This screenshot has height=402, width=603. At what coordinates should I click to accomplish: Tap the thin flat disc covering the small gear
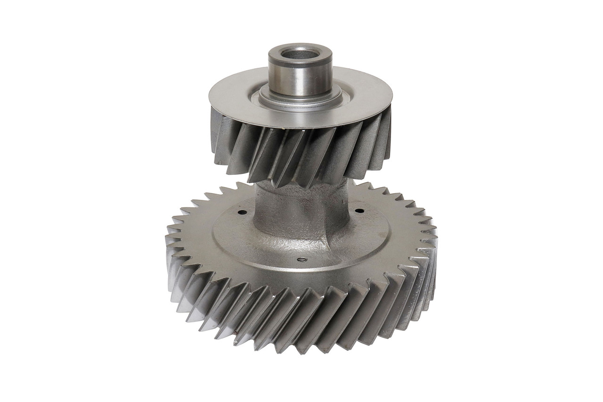(x=245, y=94)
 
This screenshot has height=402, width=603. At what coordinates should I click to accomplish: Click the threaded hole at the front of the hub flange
(x=300, y=258)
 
